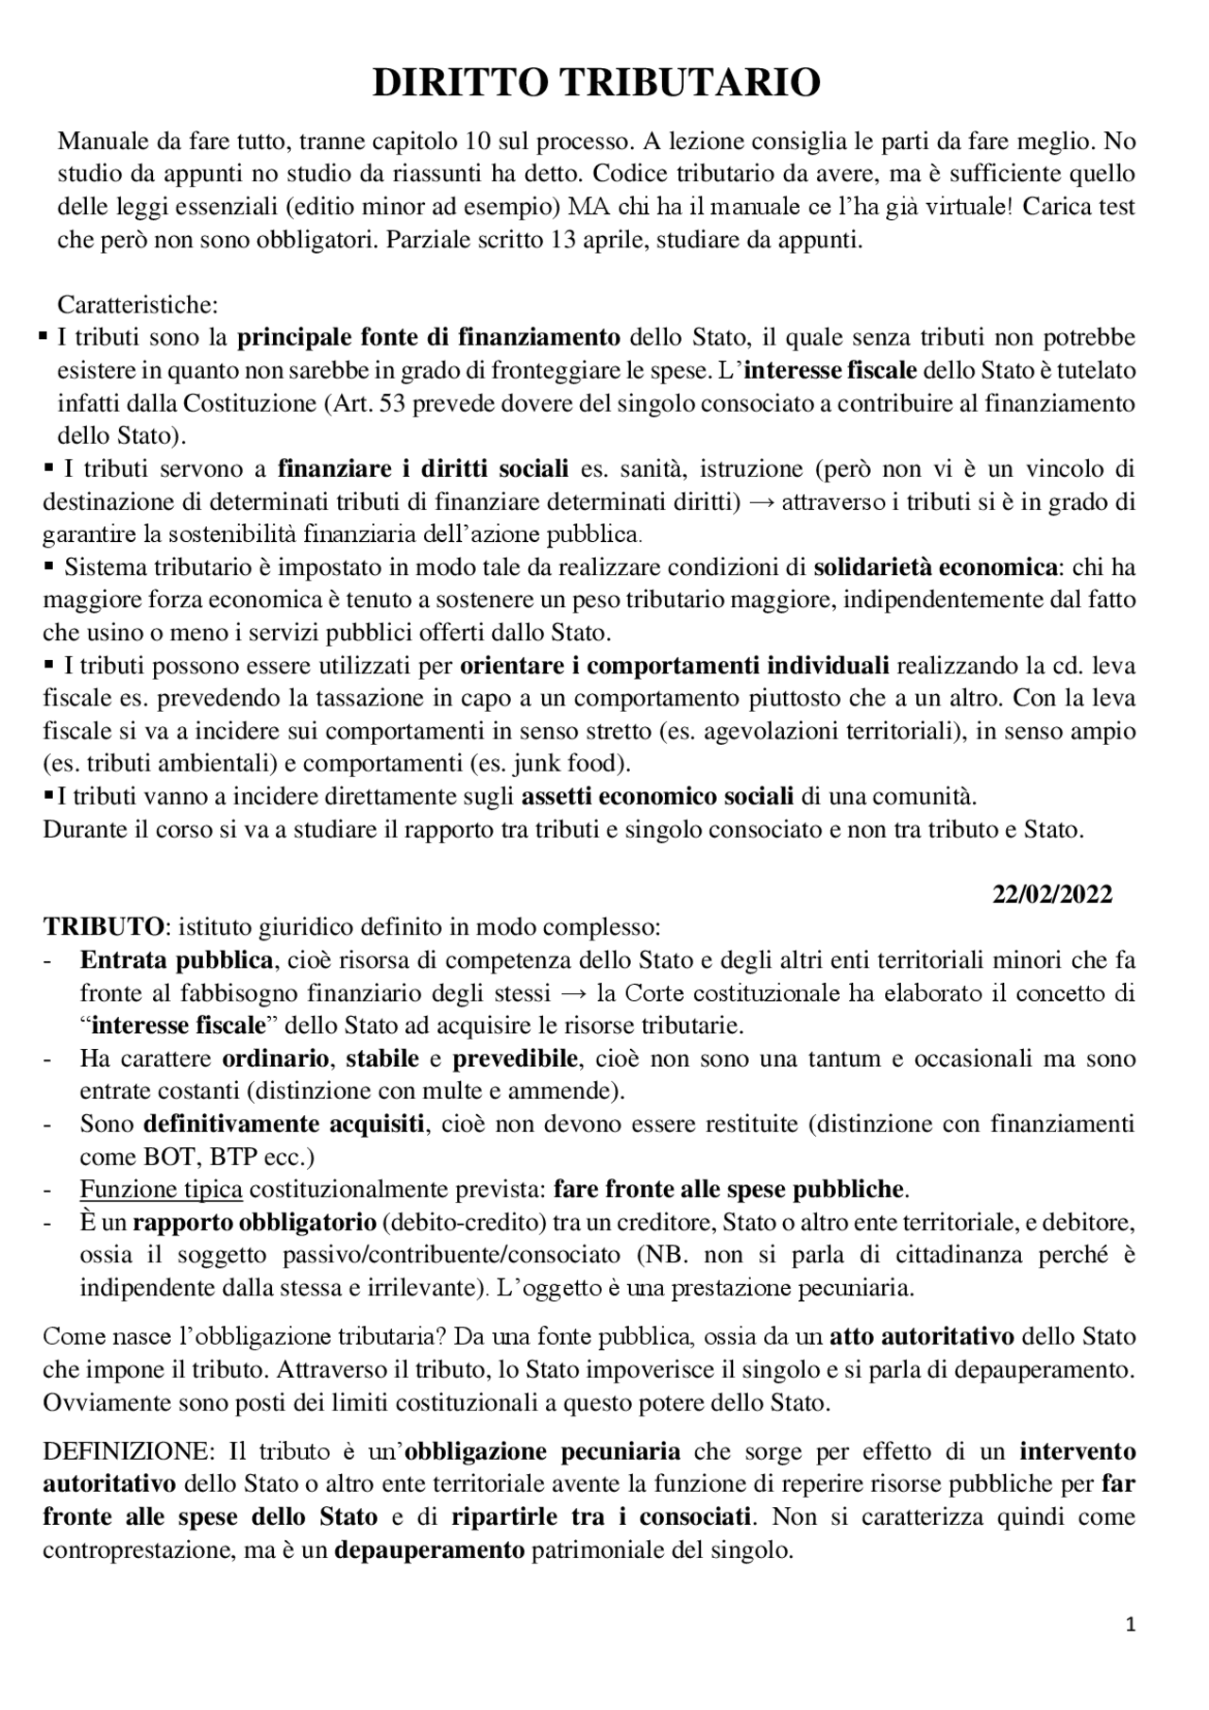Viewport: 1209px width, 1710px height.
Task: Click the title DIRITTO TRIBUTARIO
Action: [x=596, y=83]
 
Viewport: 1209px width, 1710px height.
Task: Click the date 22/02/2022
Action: [x=1051, y=894]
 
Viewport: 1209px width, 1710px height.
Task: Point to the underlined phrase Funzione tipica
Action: [x=161, y=1189]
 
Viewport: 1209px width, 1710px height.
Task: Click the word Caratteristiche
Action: [x=138, y=305]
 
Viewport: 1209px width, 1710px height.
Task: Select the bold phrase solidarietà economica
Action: [x=935, y=567]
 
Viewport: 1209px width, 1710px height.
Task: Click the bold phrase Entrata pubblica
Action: [x=177, y=960]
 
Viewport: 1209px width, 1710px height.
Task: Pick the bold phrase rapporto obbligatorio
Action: [x=254, y=1223]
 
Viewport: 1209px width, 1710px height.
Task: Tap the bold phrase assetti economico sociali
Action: [x=657, y=796]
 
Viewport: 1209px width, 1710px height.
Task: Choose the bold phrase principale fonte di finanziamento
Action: [x=428, y=337]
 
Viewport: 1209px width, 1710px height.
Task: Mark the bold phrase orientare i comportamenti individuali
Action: [x=674, y=666]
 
